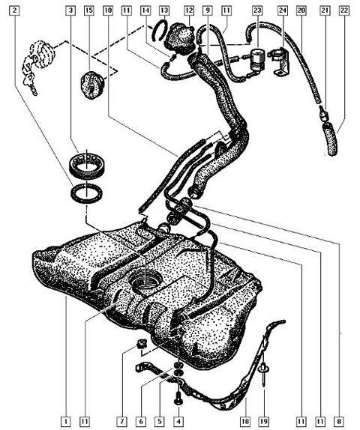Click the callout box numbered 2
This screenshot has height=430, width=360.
[15, 10]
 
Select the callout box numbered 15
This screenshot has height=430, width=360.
[88, 10]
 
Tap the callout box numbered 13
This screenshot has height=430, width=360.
[164, 10]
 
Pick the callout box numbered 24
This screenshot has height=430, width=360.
[283, 10]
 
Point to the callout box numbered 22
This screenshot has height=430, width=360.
[343, 10]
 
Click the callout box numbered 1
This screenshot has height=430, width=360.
[66, 421]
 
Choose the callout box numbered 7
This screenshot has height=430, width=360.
[122, 421]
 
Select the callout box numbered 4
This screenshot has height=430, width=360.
[178, 421]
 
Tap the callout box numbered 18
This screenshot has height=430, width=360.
[245, 421]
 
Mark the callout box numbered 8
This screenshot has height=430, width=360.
[340, 421]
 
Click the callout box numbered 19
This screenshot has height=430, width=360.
[263, 421]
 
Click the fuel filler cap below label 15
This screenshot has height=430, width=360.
[92, 85]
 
